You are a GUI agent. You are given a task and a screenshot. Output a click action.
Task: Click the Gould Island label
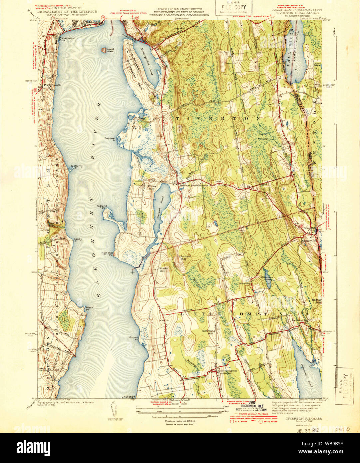click(x=110, y=50)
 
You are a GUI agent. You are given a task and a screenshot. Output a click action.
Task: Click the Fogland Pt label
click(x=102, y=207)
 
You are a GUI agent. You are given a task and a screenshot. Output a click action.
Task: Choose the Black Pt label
click(x=89, y=308)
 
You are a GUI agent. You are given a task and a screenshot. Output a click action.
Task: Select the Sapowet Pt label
click(x=110, y=139)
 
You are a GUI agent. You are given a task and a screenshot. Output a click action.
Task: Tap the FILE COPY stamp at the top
click(x=233, y=7)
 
